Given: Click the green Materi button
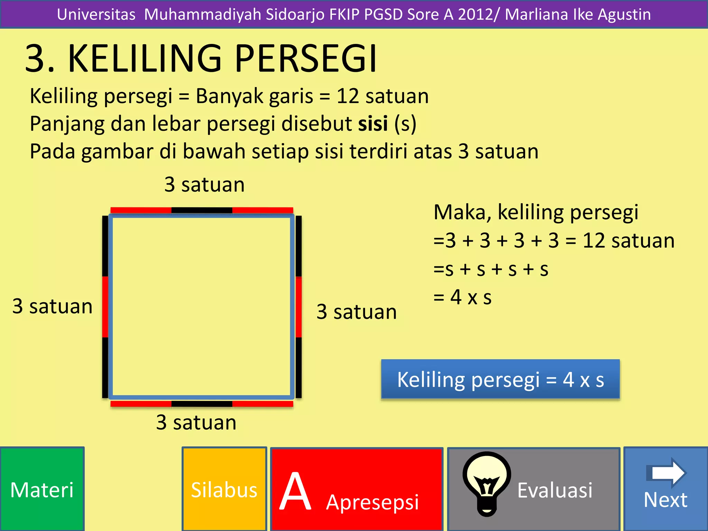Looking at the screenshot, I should pyautogui.click(x=42, y=489).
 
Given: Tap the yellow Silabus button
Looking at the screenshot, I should pyautogui.click(x=224, y=489).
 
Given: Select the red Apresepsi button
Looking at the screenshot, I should pyautogui.click(x=356, y=489).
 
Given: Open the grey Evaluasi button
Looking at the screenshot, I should pyautogui.click(x=555, y=490).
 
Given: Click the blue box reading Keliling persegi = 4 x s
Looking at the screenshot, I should pyautogui.click(x=500, y=380).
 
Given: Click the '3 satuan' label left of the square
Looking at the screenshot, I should pyautogui.click(x=53, y=306).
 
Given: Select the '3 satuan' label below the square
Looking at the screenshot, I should pyautogui.click(x=196, y=422).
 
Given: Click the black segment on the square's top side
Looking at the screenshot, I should pyautogui.click(x=202, y=210).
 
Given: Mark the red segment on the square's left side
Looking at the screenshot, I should pyautogui.click(x=105, y=307).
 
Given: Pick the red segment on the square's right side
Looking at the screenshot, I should pyautogui.click(x=299, y=307).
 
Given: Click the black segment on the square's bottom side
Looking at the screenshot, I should pyautogui.click(x=202, y=404).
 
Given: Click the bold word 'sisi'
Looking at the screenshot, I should pyautogui.click(x=373, y=124).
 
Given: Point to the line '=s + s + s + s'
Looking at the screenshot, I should pyautogui.click(x=491, y=269).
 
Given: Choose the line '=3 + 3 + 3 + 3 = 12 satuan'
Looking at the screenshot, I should pyautogui.click(x=554, y=241).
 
